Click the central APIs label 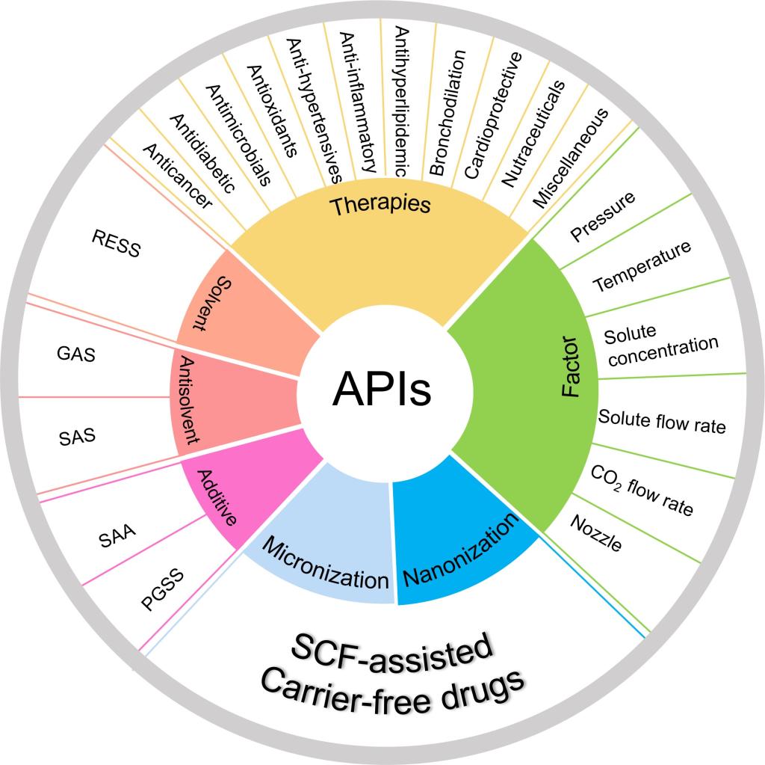382,389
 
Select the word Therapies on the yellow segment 381,204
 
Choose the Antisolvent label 189,399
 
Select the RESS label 116,243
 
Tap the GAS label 76,354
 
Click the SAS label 78,435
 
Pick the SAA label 117,536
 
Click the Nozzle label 595,533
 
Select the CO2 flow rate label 642,491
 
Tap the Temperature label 642,267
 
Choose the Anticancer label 176,176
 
